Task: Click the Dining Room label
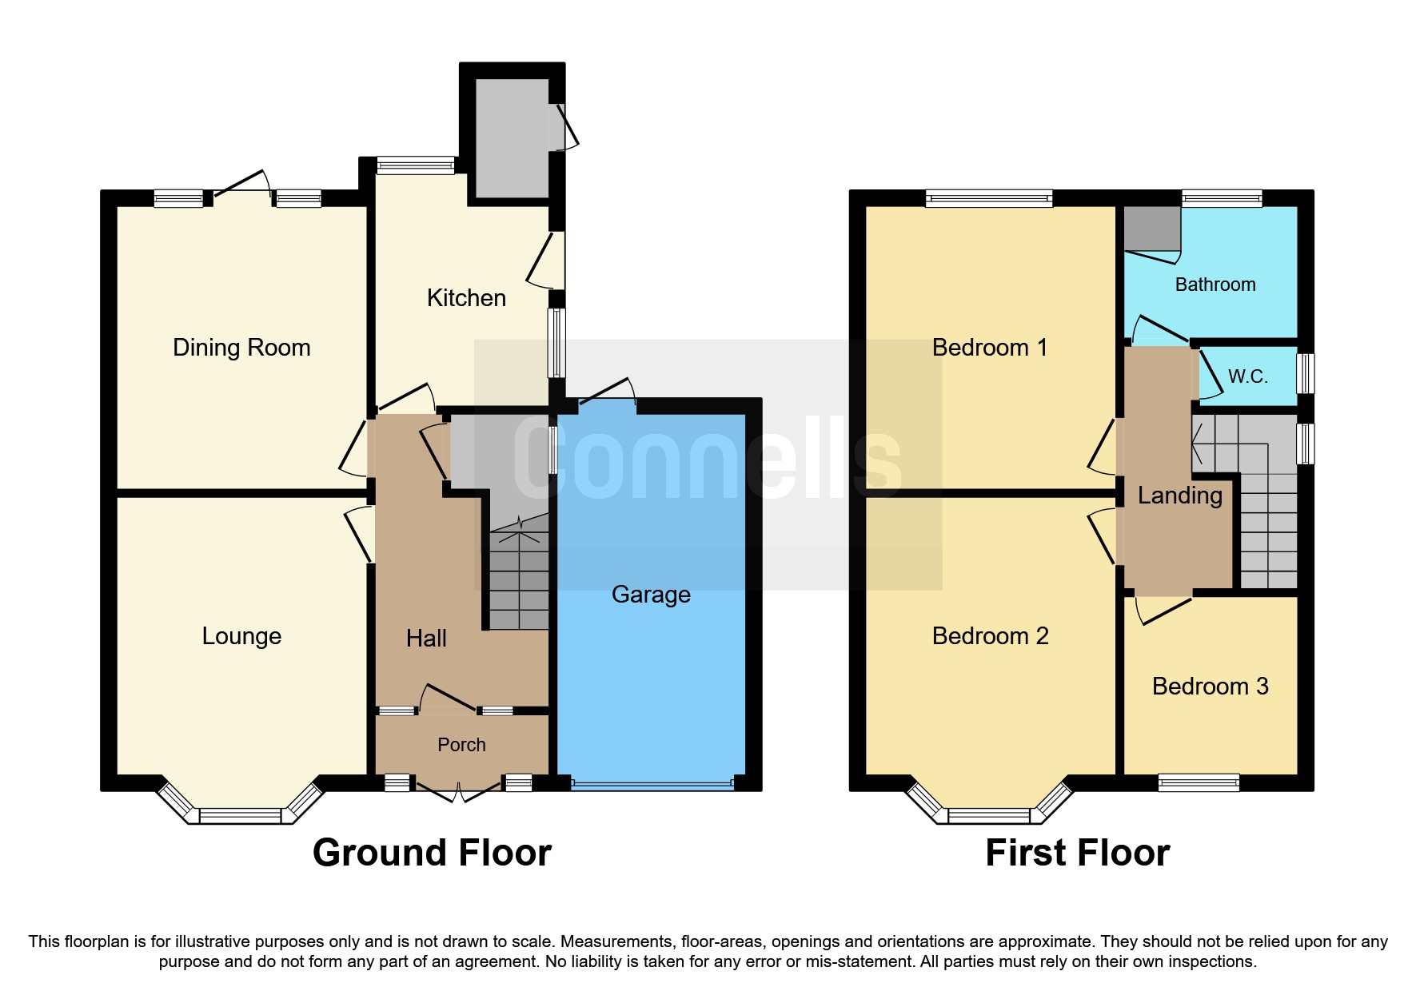tap(241, 348)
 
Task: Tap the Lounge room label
tap(241, 636)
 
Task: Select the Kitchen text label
tap(466, 298)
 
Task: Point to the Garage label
tap(651, 595)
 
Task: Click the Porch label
tap(461, 745)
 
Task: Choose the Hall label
tap(426, 639)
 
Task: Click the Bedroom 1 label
tap(989, 348)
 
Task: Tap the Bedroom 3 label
tap(1210, 687)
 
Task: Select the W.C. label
tap(1247, 376)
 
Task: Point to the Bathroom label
tap(1215, 285)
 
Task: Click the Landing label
tap(1179, 495)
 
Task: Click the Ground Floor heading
tap(432, 853)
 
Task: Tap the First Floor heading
tap(1077, 853)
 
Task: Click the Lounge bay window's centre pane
tap(240, 816)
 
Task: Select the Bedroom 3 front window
tap(1199, 782)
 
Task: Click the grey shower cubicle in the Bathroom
tap(1152, 229)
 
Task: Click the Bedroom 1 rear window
tap(989, 198)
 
